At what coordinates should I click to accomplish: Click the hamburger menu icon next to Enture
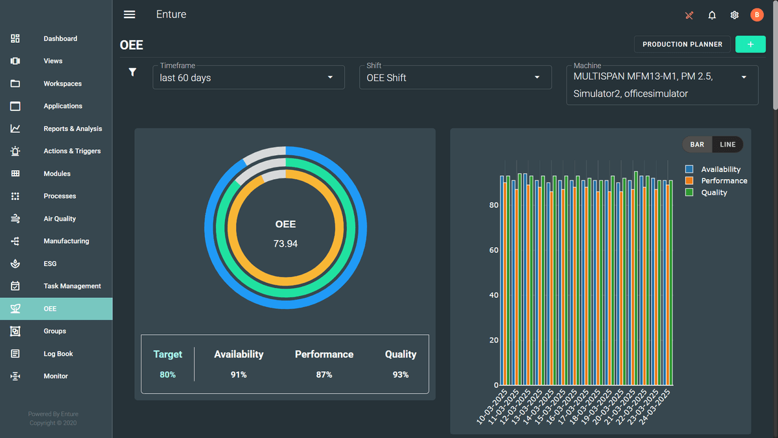130,15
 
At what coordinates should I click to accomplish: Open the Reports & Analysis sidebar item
73,128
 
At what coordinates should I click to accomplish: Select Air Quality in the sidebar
60,219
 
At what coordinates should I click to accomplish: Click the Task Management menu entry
72,286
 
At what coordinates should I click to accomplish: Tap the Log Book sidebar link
58,354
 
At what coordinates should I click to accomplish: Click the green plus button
750,44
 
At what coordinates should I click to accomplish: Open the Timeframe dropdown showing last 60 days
248,77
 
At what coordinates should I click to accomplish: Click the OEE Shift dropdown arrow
537,78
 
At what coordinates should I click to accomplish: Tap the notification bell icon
712,15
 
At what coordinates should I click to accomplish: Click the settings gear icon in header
735,15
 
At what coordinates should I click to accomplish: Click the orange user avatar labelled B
757,15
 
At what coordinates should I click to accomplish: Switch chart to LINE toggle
727,145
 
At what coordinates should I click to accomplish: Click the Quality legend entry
714,193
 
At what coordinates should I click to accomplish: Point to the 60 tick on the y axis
494,250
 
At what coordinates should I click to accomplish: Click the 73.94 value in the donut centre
285,244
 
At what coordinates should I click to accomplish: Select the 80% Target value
167,375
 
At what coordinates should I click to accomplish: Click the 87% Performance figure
324,375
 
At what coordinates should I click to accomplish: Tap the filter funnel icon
132,72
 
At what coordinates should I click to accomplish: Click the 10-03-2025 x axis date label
491,407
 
